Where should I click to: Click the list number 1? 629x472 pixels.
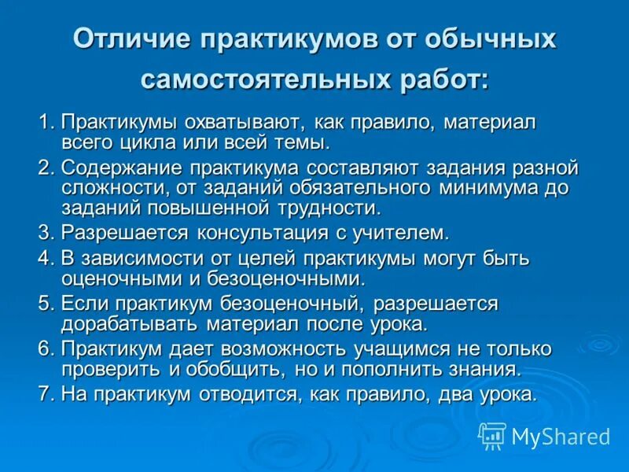44,123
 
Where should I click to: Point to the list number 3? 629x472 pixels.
44,232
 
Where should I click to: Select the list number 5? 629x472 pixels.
44,304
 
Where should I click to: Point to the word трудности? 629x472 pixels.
324,208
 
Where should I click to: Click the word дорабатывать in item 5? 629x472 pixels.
131,324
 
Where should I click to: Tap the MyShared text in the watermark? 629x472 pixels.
561,436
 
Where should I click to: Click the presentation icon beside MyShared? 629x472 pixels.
492,435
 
